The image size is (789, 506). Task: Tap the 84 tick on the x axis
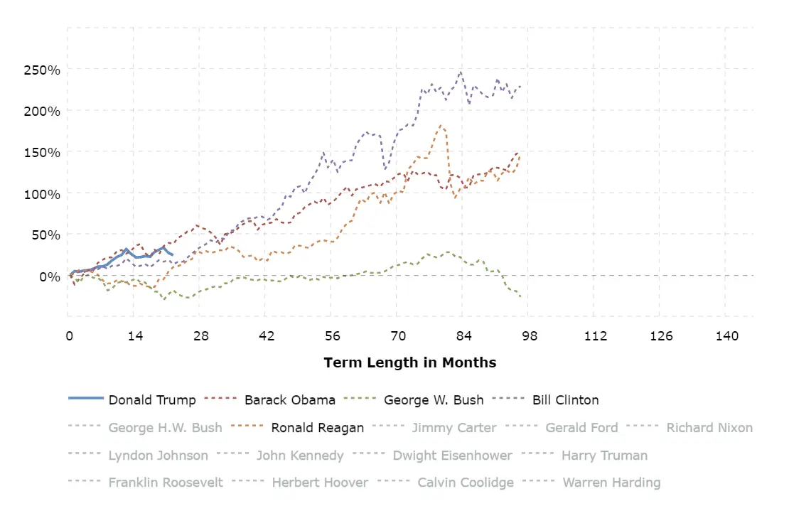tap(464, 335)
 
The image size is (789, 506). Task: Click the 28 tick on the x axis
tap(200, 335)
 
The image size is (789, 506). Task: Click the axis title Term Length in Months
tap(410, 362)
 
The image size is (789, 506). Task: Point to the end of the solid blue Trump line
tap(172, 254)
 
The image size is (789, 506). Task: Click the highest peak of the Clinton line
tap(461, 71)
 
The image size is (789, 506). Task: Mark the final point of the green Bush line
tap(520, 296)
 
